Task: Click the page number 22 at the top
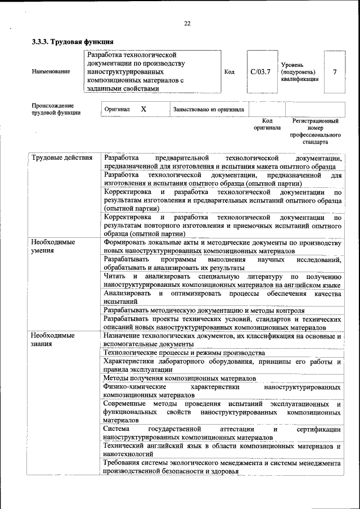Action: [x=187, y=23]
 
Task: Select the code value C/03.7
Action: [x=260, y=72]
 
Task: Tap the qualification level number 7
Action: [x=335, y=72]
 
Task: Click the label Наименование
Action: [x=51, y=72]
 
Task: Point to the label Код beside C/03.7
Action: [x=229, y=72]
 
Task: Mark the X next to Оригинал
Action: [x=144, y=109]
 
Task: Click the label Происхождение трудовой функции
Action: [x=56, y=109]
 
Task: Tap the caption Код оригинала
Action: [x=267, y=124]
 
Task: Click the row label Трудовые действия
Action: [x=62, y=157]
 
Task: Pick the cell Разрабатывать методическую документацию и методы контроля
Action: [x=204, y=310]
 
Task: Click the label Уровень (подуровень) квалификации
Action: [x=299, y=72]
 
